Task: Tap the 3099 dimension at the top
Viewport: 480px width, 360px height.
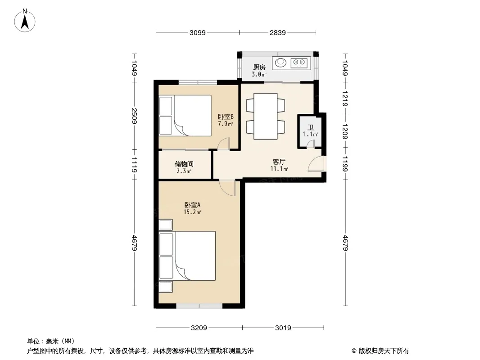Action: tap(198, 33)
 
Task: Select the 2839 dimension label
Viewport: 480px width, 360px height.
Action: tap(278, 33)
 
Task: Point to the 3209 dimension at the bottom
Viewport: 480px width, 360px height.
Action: tap(199, 328)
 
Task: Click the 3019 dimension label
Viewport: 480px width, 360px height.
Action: tap(283, 328)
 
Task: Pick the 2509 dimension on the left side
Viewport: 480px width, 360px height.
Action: tap(134, 116)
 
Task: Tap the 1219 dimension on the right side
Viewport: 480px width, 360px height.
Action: tap(345, 99)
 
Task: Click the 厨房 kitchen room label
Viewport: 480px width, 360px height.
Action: tap(259, 67)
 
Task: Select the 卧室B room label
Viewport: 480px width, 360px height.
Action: tap(226, 117)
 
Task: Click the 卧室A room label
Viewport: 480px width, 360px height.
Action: tap(192, 205)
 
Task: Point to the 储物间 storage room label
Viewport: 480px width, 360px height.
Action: tap(184, 164)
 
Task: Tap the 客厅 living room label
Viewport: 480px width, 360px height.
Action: tap(279, 162)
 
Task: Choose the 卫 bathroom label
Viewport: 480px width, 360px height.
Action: tap(310, 127)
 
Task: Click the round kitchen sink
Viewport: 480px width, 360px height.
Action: tap(281, 63)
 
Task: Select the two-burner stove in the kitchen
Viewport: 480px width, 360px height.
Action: tap(299, 63)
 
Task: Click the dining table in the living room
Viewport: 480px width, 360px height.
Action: tap(266, 116)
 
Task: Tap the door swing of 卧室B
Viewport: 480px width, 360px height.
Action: tap(223, 144)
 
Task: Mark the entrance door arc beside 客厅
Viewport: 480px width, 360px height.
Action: tap(316, 164)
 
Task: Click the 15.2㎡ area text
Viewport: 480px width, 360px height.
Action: tap(192, 212)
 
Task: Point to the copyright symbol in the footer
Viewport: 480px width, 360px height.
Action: tap(354, 351)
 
